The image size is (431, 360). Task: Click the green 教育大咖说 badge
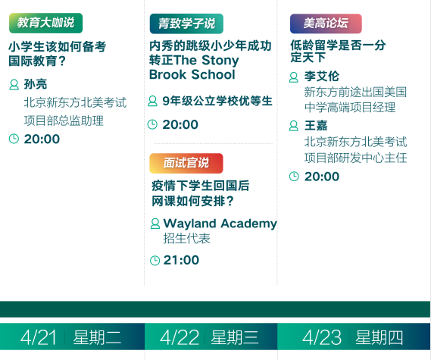(x=46, y=23)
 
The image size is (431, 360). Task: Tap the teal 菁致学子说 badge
(x=186, y=23)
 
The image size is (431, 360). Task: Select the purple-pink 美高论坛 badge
(x=326, y=23)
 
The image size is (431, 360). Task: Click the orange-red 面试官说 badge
(x=186, y=164)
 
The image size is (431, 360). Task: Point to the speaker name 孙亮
(x=36, y=84)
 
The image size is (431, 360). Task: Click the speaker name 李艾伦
(x=322, y=77)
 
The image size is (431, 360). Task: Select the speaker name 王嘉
(x=316, y=126)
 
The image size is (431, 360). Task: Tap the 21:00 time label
(x=181, y=260)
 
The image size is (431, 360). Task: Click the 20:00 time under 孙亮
(x=42, y=139)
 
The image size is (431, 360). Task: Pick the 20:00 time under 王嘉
(x=322, y=177)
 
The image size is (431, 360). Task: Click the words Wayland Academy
(x=220, y=224)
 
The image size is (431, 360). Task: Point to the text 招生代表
(x=186, y=239)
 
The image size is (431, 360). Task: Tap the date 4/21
(x=38, y=337)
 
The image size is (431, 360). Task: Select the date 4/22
(x=180, y=337)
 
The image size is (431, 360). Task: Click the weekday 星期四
(x=379, y=337)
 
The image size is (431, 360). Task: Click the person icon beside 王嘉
(x=294, y=126)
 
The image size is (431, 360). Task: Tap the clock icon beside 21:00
(x=155, y=261)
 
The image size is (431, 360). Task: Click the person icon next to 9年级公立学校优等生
(x=152, y=101)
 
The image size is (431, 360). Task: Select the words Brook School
(x=192, y=74)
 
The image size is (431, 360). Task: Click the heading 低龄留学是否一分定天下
(x=338, y=51)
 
